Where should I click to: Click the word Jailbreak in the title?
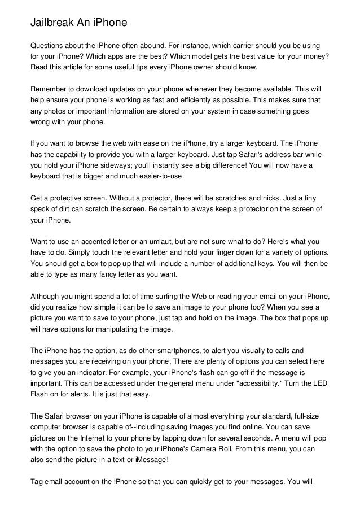click(55, 23)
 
